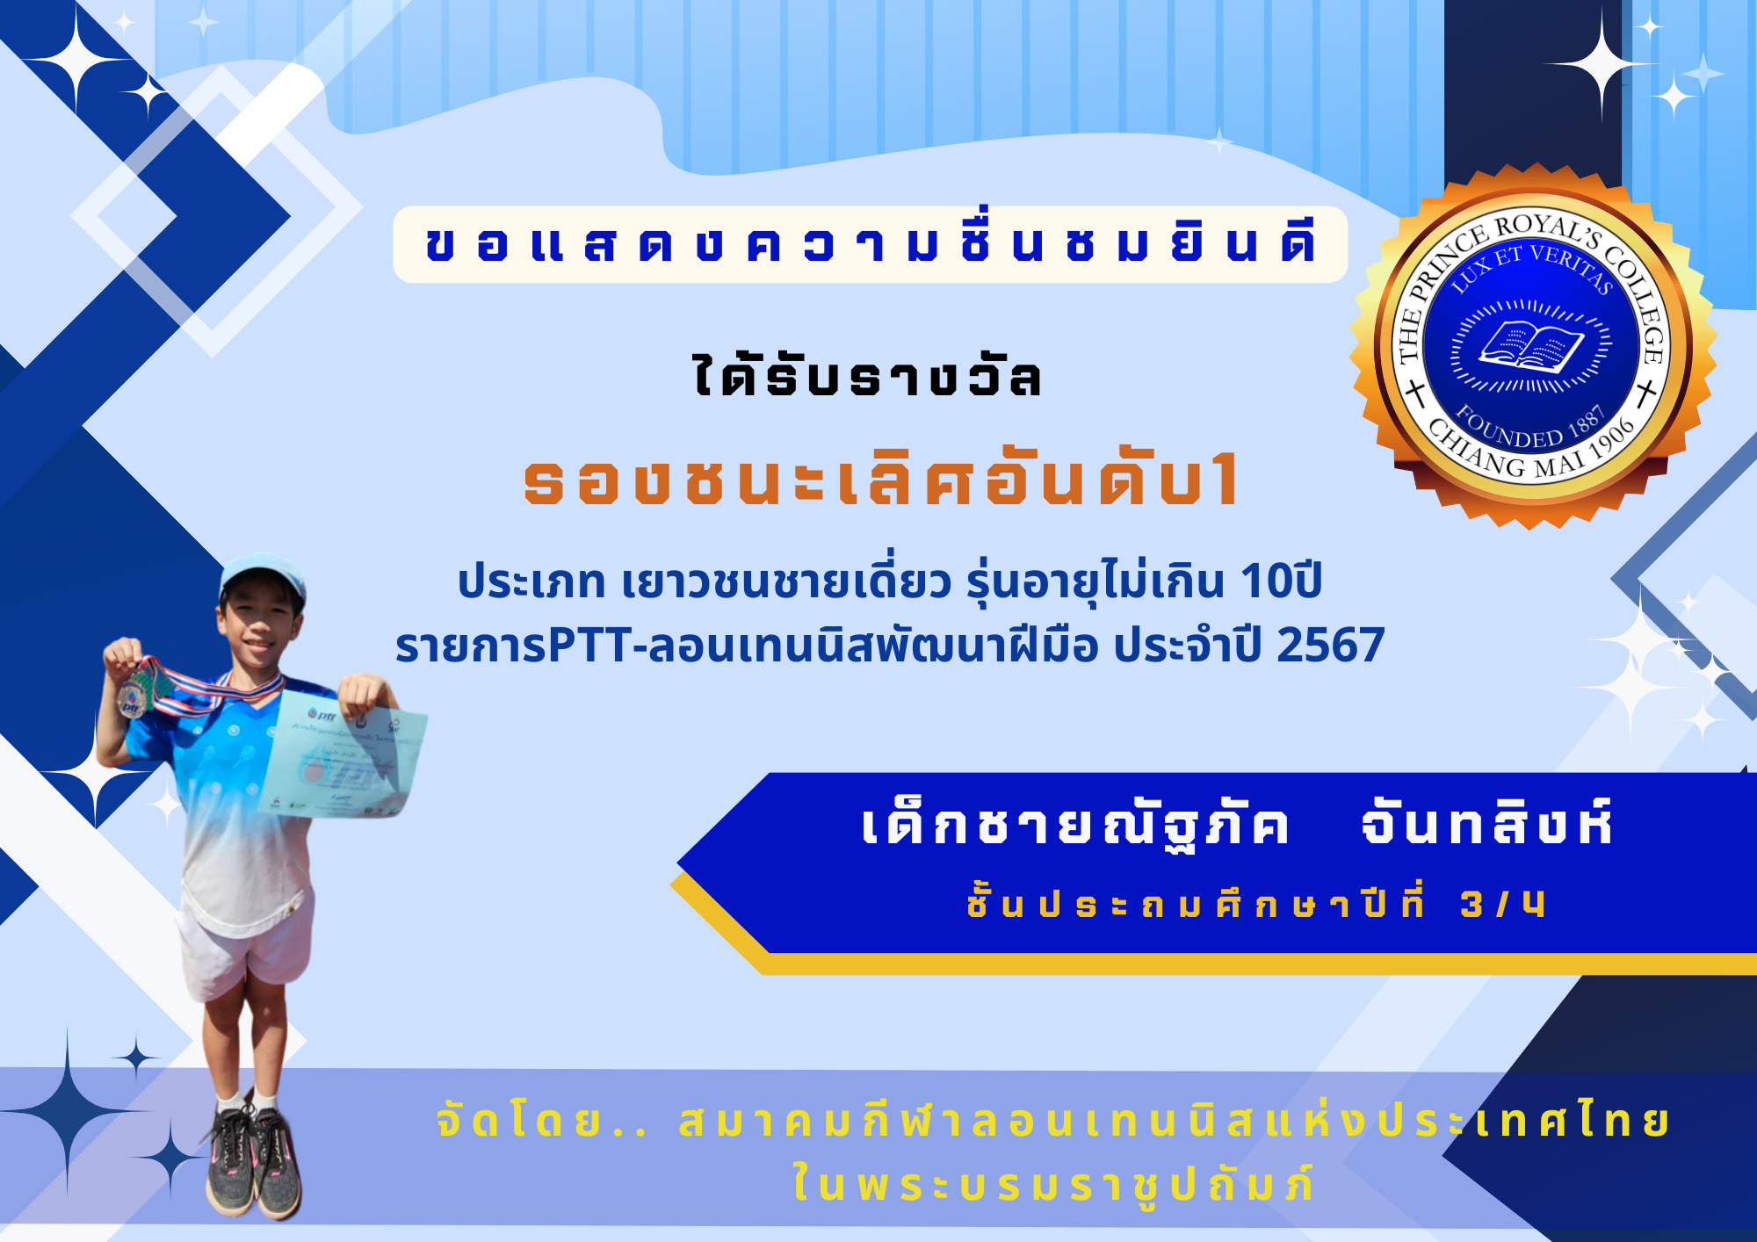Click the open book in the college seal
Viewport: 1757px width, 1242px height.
pos(1532,345)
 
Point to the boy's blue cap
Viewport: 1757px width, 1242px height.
pos(262,579)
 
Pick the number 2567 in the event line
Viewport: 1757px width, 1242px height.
pos(1330,646)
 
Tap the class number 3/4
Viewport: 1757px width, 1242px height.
pos(1502,904)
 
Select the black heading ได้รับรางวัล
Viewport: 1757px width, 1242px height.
pos(868,376)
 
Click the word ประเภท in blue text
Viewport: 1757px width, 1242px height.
pos(531,581)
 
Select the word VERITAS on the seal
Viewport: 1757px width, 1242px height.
pos(1572,268)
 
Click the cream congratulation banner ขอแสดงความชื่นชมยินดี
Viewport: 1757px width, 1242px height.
pos(871,244)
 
